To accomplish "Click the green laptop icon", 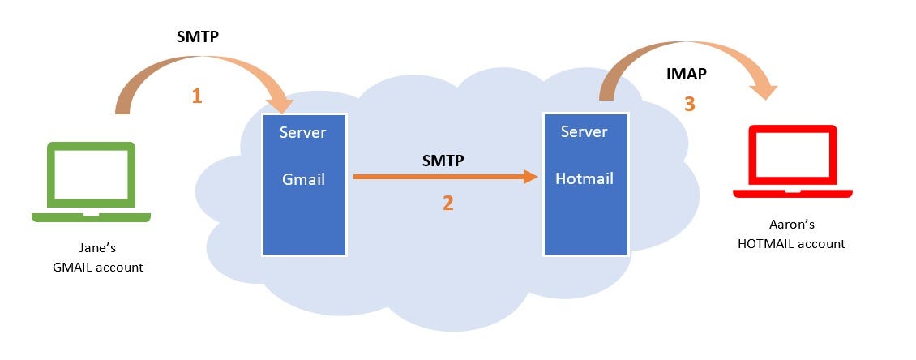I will (x=91, y=181).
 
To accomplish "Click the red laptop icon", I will (x=792, y=161).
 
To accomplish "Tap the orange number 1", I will (x=196, y=96).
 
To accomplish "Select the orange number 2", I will (x=447, y=203).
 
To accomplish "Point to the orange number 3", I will (x=690, y=105).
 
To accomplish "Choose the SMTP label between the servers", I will (x=443, y=161).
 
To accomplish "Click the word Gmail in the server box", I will (x=303, y=179).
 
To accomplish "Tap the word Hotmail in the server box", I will (x=584, y=178).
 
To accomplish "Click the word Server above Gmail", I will (x=303, y=132).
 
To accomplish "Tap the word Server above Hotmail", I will (x=584, y=131).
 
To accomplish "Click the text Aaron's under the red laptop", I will (x=791, y=226).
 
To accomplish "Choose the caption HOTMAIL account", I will (x=791, y=243).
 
